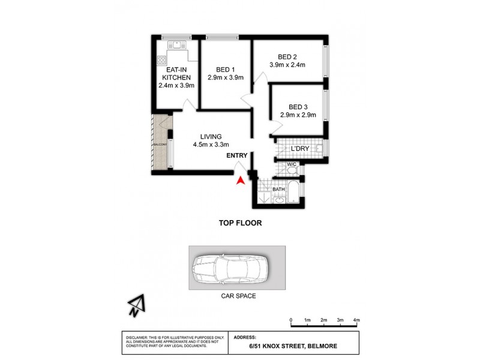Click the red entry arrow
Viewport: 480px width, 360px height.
(241, 179)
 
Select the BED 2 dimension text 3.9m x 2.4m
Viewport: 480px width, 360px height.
(287, 65)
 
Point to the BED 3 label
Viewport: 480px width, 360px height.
(298, 107)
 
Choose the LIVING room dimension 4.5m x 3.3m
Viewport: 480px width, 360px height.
(212, 145)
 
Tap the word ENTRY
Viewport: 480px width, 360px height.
(237, 156)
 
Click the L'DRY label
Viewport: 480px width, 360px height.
(299, 148)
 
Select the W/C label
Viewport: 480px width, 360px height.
(291, 164)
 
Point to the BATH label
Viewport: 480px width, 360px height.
(279, 190)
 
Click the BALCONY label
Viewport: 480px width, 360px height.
(160, 145)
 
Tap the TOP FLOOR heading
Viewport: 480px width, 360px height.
(240, 223)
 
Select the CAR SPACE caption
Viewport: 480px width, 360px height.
(237, 296)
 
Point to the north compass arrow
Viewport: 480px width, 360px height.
(136, 307)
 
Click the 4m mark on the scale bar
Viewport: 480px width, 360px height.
(356, 320)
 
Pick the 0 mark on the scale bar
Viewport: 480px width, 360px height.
(290, 320)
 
